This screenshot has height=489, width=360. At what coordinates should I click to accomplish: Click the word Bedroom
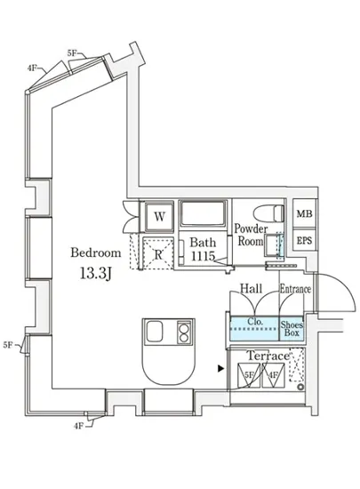pos(96,253)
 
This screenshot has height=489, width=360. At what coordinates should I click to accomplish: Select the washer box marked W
pos(160,216)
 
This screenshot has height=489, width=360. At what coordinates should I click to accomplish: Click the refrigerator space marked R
pos(156,252)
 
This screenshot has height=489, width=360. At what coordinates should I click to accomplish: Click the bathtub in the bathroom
pos(203,216)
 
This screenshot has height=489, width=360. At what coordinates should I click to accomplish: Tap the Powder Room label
pos(252,235)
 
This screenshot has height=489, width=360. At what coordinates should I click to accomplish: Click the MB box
pos(304,215)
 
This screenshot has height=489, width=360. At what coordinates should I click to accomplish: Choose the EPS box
pos(304,240)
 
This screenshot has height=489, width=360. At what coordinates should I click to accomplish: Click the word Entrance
pos(295,290)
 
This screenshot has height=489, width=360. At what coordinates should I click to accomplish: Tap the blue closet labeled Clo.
pos(254,329)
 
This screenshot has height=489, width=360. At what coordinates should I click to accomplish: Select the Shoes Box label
pos(292,329)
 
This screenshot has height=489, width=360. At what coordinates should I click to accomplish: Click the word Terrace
pos(268,356)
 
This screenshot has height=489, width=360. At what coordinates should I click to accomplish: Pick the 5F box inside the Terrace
pos(249,376)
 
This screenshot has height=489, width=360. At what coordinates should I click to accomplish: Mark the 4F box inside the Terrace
pos(273,376)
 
